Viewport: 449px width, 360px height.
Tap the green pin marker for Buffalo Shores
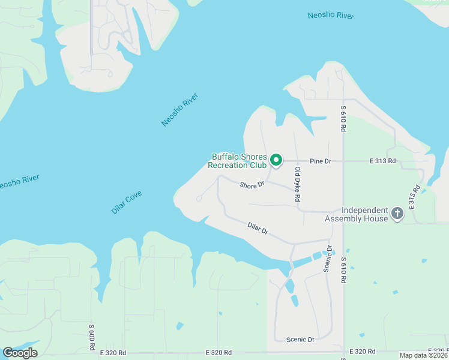click(x=276, y=160)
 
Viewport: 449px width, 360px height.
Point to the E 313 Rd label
click(x=382, y=161)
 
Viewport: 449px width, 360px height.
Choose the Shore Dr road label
click(x=252, y=185)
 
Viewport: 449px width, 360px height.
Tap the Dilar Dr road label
click(x=258, y=228)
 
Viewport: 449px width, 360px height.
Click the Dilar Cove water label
click(x=127, y=203)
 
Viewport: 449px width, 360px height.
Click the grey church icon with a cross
click(x=397, y=214)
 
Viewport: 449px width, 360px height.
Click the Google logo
click(x=20, y=352)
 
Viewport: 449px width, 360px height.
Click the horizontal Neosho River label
click(x=331, y=15)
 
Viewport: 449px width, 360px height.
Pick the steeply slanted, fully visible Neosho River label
click(x=179, y=110)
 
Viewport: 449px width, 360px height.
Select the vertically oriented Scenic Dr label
click(x=328, y=260)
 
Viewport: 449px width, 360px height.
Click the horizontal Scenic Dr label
click(x=300, y=340)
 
